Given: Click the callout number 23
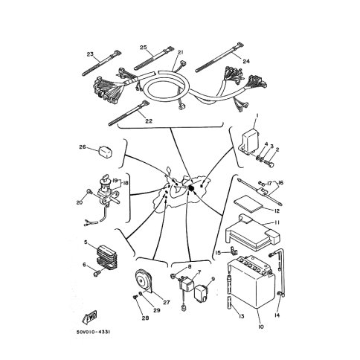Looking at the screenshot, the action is pyautogui.click(x=90, y=54).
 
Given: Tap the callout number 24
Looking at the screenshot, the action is pyautogui.click(x=246, y=61).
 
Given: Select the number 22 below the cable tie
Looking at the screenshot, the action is pyautogui.click(x=149, y=121).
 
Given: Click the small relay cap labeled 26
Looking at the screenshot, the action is pyautogui.click(x=106, y=152).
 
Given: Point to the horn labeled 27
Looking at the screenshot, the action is pyautogui.click(x=144, y=282).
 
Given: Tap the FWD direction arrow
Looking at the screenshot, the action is pyautogui.click(x=89, y=318).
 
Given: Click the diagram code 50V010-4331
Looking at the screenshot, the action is pyautogui.click(x=93, y=332).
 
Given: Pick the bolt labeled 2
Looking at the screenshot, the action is pyautogui.click(x=269, y=164).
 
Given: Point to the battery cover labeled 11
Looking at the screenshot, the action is pyautogui.click(x=253, y=232).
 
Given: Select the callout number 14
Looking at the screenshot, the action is pyautogui.click(x=277, y=315).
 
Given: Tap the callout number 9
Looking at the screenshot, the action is pyautogui.click(x=213, y=279).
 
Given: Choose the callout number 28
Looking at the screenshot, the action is pyautogui.click(x=145, y=318).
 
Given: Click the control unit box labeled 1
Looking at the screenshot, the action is pyautogui.click(x=250, y=140).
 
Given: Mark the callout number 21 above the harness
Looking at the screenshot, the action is pyautogui.click(x=181, y=52).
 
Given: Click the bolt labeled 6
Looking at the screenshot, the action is pyautogui.click(x=96, y=274).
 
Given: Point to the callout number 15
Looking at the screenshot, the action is pyautogui.click(x=218, y=253).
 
